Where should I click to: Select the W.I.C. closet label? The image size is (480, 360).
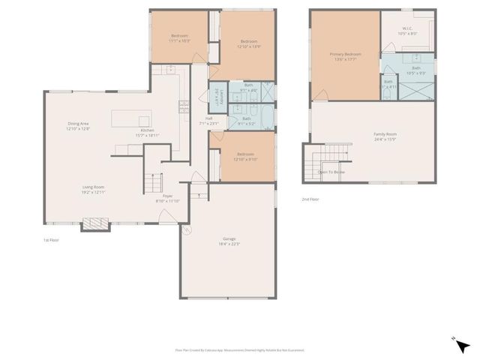tap(407, 31)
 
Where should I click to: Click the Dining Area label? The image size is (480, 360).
tap(78, 125)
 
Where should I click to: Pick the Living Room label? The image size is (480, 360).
tap(93, 190)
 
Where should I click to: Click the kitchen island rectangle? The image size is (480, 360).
tap(132, 118)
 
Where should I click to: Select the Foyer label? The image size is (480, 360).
tap(168, 198)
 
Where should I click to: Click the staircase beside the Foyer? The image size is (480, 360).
tap(153, 182)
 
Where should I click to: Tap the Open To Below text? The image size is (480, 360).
tap(331, 172)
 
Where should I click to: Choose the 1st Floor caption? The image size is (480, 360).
tap(51, 240)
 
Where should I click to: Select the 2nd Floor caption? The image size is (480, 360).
tap(310, 199)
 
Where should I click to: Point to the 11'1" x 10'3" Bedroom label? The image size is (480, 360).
tap(178, 38)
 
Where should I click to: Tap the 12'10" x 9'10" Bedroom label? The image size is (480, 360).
tap(245, 157)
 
